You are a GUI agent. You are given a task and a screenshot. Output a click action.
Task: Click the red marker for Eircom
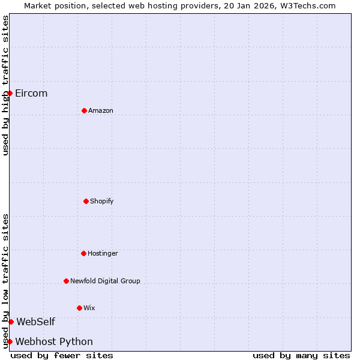(x=10, y=93)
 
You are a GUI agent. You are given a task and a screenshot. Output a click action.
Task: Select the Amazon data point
(x=84, y=110)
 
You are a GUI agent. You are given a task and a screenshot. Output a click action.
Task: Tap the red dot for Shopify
(x=86, y=201)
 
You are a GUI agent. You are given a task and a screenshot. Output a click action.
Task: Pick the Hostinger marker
(x=83, y=253)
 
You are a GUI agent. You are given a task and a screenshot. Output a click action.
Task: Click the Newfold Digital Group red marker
(x=66, y=281)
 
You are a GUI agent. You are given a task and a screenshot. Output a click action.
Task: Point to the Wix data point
(x=79, y=308)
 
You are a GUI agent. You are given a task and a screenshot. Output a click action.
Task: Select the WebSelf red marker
(x=11, y=322)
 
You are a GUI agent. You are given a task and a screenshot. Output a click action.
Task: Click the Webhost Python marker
(x=10, y=341)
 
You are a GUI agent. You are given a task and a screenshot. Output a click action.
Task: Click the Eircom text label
(x=31, y=93)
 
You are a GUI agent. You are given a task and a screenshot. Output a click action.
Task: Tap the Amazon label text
(x=101, y=110)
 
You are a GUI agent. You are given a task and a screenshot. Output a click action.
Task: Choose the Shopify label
(x=102, y=201)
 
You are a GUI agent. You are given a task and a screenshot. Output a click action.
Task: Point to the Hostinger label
(x=103, y=253)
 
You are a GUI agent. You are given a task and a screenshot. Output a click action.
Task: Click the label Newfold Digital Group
(x=105, y=281)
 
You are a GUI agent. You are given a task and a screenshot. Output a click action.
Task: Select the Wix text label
(x=89, y=308)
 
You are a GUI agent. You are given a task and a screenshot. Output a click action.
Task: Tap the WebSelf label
(x=35, y=322)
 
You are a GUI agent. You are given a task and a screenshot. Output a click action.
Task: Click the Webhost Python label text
(x=54, y=341)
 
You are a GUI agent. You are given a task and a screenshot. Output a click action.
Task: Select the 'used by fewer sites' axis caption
(x=62, y=355)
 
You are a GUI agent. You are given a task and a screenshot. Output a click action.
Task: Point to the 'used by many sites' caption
(x=301, y=355)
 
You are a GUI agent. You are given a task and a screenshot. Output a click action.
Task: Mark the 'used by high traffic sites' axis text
(x=5, y=85)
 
